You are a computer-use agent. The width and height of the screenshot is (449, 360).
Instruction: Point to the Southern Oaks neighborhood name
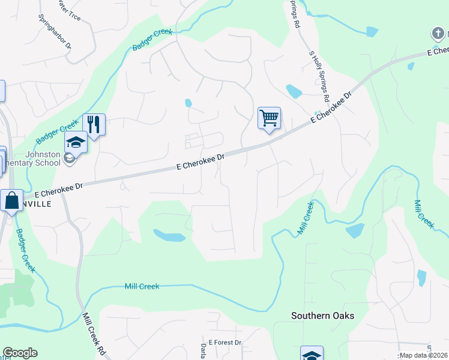tap(322, 316)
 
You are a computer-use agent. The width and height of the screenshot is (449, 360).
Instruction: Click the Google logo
tap(20, 353)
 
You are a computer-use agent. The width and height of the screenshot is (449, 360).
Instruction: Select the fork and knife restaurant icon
tap(94, 124)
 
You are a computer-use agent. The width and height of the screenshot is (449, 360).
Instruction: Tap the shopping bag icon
tap(11, 200)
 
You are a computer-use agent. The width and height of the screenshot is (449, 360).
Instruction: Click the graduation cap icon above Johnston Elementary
tap(76, 142)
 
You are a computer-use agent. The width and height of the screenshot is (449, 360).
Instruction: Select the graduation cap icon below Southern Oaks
tap(312, 355)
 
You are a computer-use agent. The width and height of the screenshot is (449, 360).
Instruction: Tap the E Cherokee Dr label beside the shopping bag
tap(59, 190)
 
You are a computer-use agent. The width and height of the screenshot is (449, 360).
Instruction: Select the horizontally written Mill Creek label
tap(142, 287)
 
